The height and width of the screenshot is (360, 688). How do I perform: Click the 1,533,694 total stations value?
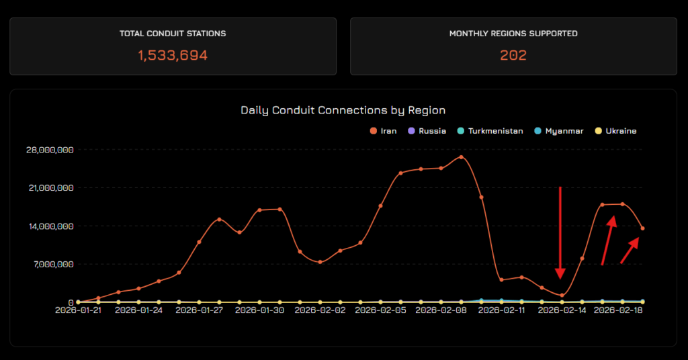(x=173, y=55)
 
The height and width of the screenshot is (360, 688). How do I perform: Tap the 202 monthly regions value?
(x=513, y=55)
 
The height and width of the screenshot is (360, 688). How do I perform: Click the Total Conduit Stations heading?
(x=173, y=33)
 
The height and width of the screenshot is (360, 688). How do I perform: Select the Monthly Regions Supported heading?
(x=513, y=33)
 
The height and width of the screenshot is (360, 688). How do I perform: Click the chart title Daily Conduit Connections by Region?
(x=343, y=109)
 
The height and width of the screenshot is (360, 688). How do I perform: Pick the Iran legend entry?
(x=384, y=131)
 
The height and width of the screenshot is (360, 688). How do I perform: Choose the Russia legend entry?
(x=427, y=131)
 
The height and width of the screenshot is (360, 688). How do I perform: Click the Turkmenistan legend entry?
(x=490, y=131)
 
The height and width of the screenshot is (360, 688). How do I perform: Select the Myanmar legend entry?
(x=559, y=131)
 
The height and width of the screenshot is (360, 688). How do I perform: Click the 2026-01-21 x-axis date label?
(x=79, y=310)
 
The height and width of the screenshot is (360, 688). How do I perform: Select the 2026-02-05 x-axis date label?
(x=380, y=310)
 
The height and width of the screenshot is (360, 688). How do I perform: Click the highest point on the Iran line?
(x=461, y=157)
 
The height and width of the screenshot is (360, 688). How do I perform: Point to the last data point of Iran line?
(x=642, y=228)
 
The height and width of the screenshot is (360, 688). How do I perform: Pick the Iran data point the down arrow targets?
(x=562, y=295)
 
